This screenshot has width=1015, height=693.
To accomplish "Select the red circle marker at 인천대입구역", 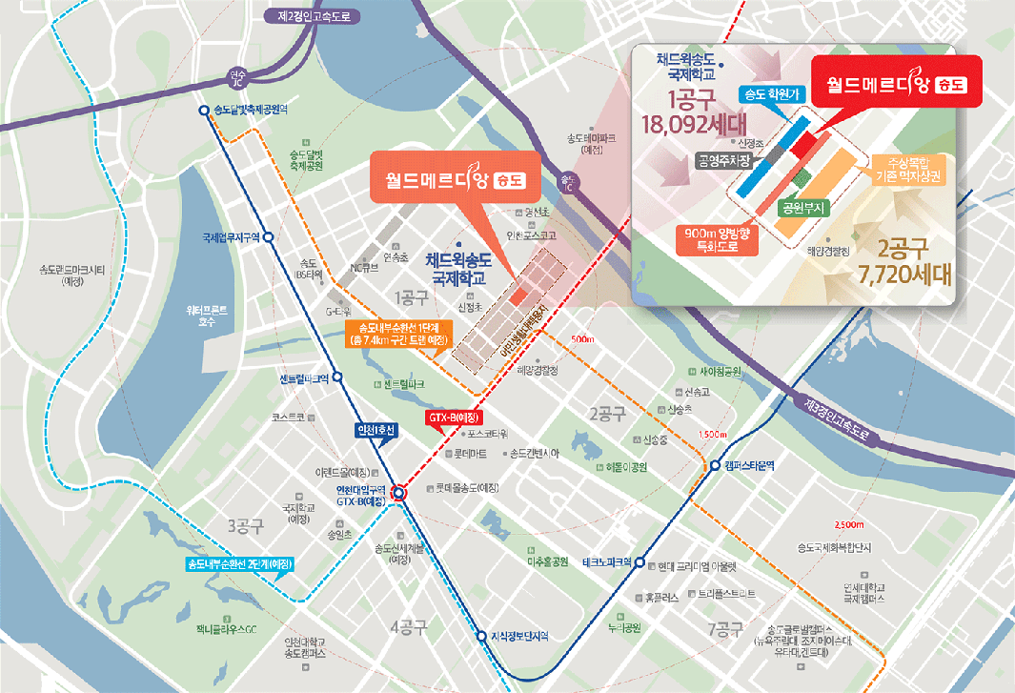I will [398, 493].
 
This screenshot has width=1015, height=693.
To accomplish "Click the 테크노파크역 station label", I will [607, 561].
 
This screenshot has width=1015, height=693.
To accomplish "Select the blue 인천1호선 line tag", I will [367, 428].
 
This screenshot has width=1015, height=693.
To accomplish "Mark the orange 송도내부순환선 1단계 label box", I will [393, 334].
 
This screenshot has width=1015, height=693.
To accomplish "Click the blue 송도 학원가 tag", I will [773, 93].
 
